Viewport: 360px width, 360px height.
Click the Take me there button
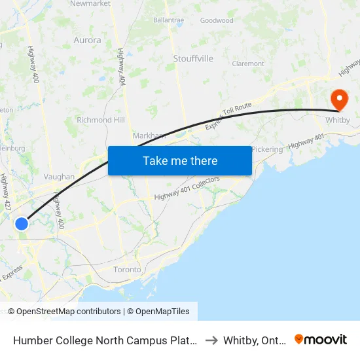(180, 160)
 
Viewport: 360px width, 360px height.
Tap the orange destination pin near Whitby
(340, 100)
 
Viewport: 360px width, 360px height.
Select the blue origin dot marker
(22, 224)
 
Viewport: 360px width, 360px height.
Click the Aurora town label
(87, 40)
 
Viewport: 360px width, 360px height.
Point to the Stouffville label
(193, 58)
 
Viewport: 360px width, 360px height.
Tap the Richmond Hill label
(100, 120)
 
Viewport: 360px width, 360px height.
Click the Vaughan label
(59, 177)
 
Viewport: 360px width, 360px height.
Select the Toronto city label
(127, 269)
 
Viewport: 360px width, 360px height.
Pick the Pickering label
(267, 149)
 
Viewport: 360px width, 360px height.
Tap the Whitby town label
(338, 121)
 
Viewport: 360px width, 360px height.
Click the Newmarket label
(90, 3)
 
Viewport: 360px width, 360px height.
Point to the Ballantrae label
(168, 20)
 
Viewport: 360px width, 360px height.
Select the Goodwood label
(217, 20)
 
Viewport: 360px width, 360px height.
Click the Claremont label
(248, 63)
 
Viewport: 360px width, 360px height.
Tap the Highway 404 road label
(121, 66)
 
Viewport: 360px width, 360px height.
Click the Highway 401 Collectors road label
(187, 189)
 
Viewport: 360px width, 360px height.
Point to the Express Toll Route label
(228, 115)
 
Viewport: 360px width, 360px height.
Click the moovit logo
(321, 340)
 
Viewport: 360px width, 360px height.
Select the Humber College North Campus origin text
(105, 340)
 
